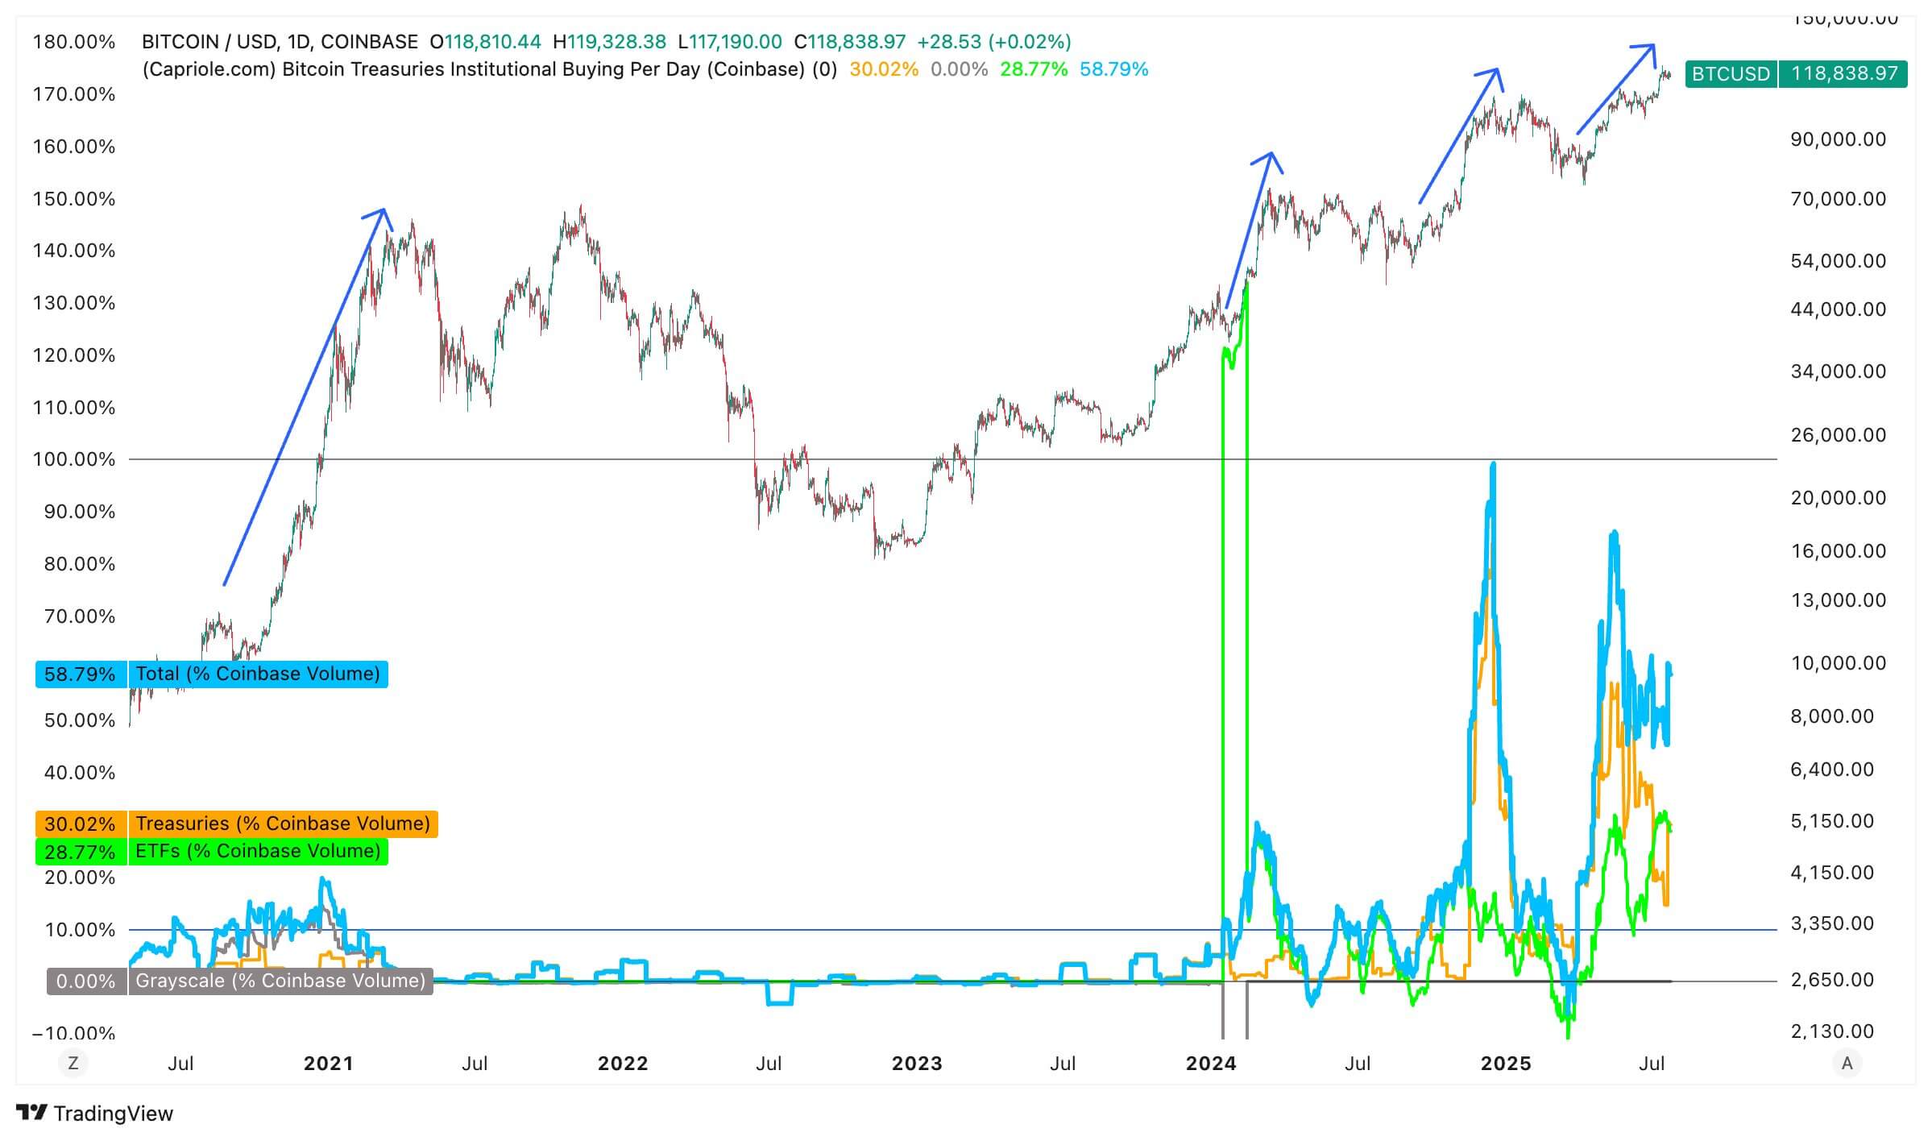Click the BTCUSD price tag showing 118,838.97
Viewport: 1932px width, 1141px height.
click(x=1796, y=74)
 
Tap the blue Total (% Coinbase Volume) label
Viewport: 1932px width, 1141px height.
click(x=257, y=674)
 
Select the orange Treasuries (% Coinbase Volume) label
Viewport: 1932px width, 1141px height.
click(x=282, y=824)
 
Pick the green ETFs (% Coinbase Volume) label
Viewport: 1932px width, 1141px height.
click(x=257, y=851)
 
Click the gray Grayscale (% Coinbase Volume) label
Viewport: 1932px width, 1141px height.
click(x=280, y=981)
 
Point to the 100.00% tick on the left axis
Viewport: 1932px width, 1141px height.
click(x=73, y=459)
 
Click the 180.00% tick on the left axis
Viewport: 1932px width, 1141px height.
click(x=73, y=42)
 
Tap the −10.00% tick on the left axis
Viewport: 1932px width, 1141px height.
click(x=73, y=1033)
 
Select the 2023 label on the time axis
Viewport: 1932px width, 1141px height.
click(x=917, y=1064)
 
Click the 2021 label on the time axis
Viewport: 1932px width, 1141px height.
click(x=328, y=1064)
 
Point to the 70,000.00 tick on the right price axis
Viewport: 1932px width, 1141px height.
click(x=1838, y=199)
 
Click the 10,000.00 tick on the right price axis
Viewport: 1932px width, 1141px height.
click(x=1838, y=663)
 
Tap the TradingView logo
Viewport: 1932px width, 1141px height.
click(x=95, y=1114)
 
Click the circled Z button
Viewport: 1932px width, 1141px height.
click(x=73, y=1064)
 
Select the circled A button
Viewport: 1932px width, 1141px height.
click(x=1847, y=1064)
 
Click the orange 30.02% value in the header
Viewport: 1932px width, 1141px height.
click(x=884, y=69)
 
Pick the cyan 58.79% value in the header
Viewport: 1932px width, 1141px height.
click(x=1113, y=69)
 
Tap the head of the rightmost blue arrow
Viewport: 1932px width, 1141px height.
click(x=1652, y=46)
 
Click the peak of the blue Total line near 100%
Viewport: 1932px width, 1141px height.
click(x=1493, y=465)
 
